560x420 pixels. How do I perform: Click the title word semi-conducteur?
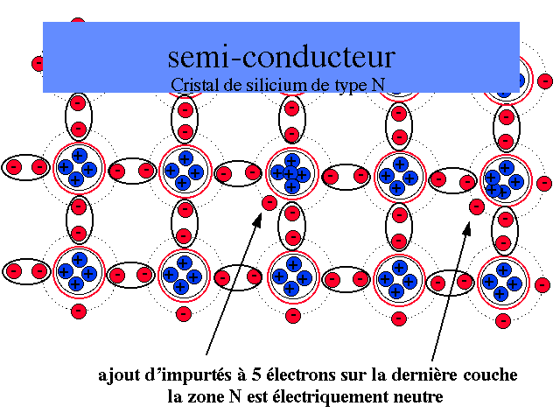281,57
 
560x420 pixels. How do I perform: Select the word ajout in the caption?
118,376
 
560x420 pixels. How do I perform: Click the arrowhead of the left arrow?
256,220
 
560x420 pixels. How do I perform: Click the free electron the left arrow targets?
269,203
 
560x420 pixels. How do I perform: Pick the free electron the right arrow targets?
477,207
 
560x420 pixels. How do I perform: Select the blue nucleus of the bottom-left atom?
78,272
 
